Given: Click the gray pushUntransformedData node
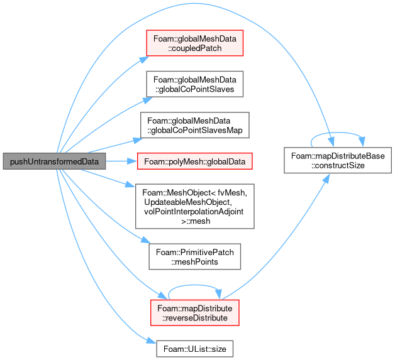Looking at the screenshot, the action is click(x=54, y=161).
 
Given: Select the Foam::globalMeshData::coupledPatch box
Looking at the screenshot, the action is click(x=195, y=43).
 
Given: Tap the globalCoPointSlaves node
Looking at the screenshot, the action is click(x=195, y=84).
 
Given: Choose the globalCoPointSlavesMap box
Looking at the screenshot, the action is click(x=195, y=125).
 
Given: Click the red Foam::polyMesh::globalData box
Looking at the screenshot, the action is click(x=195, y=161).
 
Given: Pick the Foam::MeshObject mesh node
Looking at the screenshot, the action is click(x=195, y=206).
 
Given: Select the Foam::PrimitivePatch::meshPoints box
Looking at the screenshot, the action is click(x=195, y=256).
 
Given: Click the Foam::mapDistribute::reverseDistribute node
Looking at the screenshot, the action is click(x=195, y=313).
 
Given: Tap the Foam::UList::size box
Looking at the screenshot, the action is click(x=195, y=349).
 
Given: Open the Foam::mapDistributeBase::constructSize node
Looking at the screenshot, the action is click(x=338, y=160).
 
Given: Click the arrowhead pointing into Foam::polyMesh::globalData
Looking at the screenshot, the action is click(x=132, y=161).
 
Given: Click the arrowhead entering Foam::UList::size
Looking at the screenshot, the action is click(x=152, y=341).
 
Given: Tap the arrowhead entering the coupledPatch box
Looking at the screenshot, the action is click(x=144, y=59).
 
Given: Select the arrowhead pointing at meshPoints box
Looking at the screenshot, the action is click(x=145, y=240).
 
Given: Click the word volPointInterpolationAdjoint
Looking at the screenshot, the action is click(x=194, y=211).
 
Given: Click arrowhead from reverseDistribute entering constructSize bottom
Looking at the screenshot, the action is click(x=326, y=178).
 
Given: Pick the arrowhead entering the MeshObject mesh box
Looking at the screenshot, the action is click(x=130, y=185).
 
